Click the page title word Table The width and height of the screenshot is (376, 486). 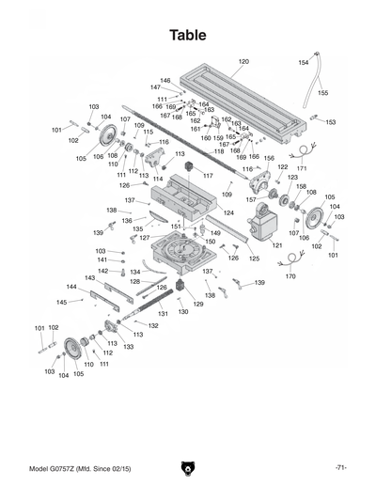[x=188, y=35]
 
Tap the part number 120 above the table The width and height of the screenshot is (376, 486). [x=243, y=61]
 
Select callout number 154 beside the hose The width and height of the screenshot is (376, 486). [x=303, y=62]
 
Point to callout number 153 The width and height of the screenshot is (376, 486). [x=330, y=121]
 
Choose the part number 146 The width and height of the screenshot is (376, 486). [x=165, y=80]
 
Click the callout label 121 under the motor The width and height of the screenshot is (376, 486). [x=276, y=245]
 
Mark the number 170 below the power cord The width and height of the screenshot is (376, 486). [x=290, y=277]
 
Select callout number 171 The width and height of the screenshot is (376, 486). [x=302, y=168]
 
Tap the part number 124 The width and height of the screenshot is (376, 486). [x=227, y=213]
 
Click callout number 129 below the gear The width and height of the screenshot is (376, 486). [x=198, y=304]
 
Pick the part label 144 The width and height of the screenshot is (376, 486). [x=71, y=287]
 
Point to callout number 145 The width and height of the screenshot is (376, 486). [x=62, y=302]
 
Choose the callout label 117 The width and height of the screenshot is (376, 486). [x=207, y=176]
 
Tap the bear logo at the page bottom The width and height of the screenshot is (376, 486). [x=188, y=467]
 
